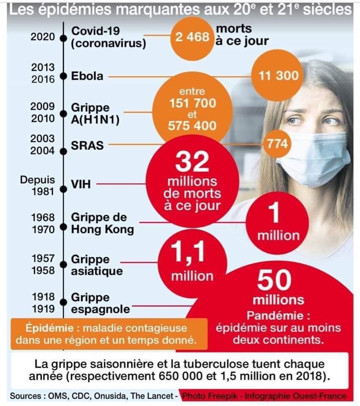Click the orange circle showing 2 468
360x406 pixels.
coord(192,37)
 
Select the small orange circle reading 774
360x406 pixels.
coord(277,144)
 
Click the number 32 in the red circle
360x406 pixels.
coord(193,162)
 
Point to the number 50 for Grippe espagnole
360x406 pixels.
coord(275,281)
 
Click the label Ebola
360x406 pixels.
coord(87,76)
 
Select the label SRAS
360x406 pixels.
coord(87,145)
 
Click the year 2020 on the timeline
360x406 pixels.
coord(43,37)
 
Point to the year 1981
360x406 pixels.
coord(43,192)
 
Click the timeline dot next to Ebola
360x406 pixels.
coord(63,76)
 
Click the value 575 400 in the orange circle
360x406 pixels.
coord(192,126)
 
